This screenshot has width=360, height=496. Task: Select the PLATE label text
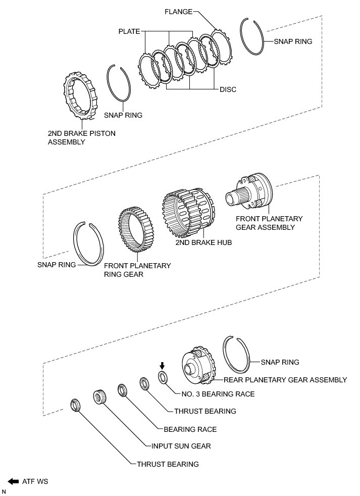[129, 31]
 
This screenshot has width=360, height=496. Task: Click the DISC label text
[228, 89]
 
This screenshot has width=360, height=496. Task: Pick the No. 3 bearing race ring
[163, 377]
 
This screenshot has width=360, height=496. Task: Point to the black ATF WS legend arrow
[13, 481]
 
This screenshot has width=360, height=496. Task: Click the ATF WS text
[35, 482]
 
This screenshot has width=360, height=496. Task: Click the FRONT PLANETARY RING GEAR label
[137, 270]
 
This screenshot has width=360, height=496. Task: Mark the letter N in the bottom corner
[4, 491]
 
